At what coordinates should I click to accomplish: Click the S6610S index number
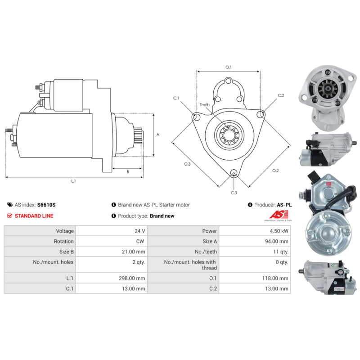pos(46,205)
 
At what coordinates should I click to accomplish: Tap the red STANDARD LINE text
pos(34,216)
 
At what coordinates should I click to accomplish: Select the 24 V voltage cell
pos(140,231)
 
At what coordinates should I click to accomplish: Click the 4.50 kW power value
pos(279,231)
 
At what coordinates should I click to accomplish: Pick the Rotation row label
pos(63,241)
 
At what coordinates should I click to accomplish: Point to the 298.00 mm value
pos(132,278)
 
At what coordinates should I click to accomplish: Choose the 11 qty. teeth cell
pos(281,252)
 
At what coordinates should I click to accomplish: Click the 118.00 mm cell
pos(275,278)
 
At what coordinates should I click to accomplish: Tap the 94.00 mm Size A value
pos(277,241)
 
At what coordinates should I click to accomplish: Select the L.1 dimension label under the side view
pos(73,181)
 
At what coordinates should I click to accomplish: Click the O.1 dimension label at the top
pos(229,67)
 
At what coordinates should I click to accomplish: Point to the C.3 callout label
pos(234,193)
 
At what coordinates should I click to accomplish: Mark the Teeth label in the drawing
pos(205,105)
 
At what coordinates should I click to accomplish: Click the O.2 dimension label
pos(275,171)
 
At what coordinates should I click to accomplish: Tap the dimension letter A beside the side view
pos(158,135)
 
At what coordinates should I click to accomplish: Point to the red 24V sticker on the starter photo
pos(328,184)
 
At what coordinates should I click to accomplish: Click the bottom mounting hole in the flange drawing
pos(234,173)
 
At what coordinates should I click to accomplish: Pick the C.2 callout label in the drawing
pos(281,95)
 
